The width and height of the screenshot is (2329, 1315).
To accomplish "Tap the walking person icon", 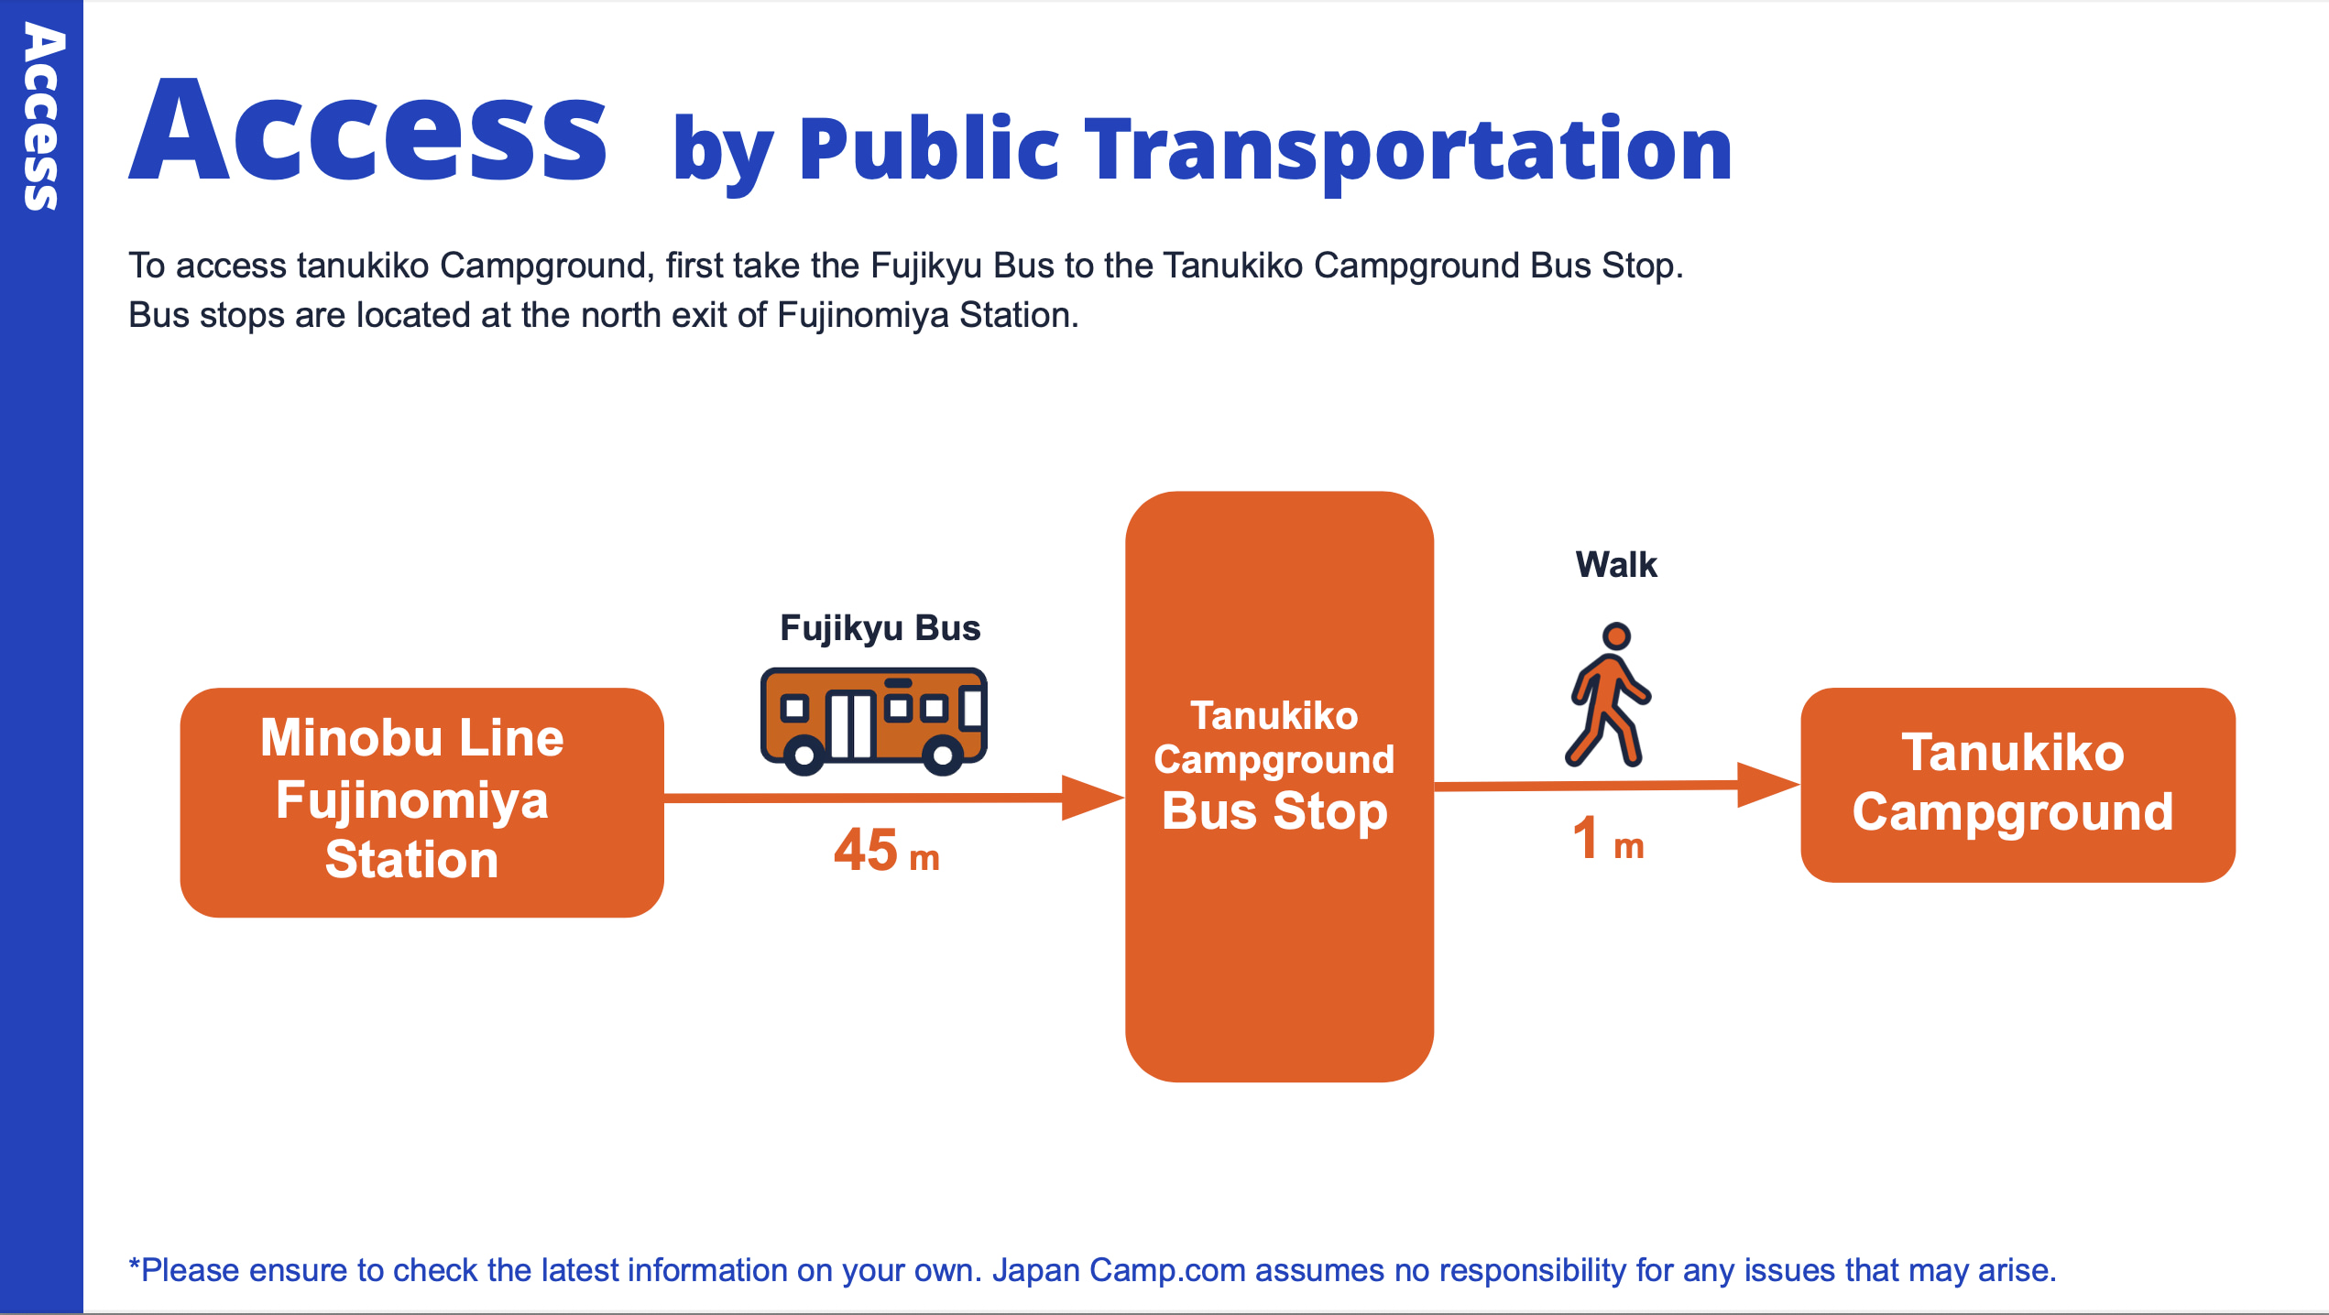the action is pos(1608,694).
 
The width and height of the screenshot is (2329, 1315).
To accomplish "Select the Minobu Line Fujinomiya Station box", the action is pos(421,802).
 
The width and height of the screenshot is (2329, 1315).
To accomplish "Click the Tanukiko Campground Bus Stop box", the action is pos(1279,787).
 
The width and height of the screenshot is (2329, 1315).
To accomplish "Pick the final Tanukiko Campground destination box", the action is pos(2017,785).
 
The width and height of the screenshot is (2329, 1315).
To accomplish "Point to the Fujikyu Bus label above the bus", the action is pos(880,628).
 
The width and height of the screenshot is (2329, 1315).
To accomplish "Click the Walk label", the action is pos(1616,564).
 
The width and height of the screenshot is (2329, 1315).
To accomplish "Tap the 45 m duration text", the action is pos(886,850).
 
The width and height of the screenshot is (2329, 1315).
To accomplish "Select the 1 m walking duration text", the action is pos(1608,838).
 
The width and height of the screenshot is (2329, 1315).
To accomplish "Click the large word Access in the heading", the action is pos(366,130).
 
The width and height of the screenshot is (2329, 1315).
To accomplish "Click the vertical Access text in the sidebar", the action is pos(41,116).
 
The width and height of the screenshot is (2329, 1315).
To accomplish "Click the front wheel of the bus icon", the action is pos(942,755).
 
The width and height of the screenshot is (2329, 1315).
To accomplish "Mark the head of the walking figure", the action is pos(1616,636).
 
